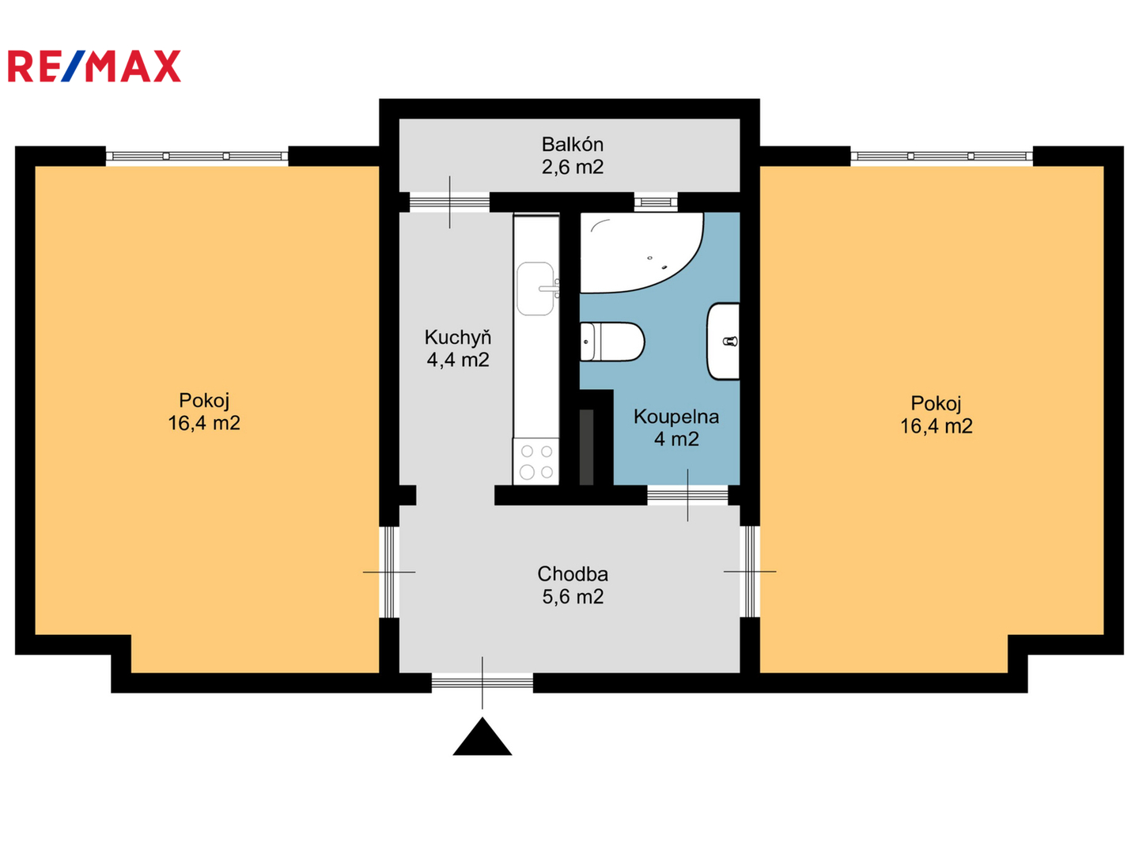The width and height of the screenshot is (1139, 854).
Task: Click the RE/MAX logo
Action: click(94, 66)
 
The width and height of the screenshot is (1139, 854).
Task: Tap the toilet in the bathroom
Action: click(611, 342)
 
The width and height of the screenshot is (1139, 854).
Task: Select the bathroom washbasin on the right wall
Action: click(724, 341)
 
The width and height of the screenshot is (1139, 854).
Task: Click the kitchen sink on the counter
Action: click(536, 289)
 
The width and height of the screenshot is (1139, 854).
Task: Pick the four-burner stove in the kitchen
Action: click(536, 462)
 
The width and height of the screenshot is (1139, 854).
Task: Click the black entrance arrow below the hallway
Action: click(482, 736)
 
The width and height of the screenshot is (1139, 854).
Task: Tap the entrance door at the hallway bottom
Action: click(482, 682)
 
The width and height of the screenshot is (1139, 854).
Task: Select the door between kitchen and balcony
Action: click(449, 202)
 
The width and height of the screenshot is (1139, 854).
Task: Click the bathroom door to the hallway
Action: click(687, 495)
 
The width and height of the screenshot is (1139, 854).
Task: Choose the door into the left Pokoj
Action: click(389, 572)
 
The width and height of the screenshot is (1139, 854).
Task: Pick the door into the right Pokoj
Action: click(749, 572)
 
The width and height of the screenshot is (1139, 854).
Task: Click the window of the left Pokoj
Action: click(197, 156)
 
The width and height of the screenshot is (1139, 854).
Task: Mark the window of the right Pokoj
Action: click(941, 156)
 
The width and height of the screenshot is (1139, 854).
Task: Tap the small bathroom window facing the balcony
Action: click(656, 202)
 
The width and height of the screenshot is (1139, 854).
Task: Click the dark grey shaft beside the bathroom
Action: click(586, 447)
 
